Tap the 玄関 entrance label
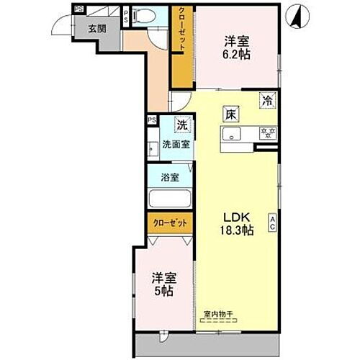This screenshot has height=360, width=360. (97, 30)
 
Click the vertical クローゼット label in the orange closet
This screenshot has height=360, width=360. (182, 32)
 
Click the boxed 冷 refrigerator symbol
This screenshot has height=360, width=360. (267, 101)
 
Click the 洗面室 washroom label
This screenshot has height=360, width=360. (175, 144)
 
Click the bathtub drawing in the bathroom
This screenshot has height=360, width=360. (169, 199)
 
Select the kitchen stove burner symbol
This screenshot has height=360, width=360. (267, 132)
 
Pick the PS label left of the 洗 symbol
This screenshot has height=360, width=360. (152, 120)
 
